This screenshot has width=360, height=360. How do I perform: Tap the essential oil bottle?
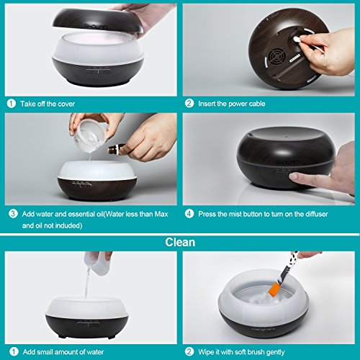pyautogui.click(x=117, y=149)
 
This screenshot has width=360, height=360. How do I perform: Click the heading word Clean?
pyautogui.click(x=180, y=242)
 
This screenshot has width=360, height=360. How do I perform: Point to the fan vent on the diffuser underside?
pyautogui.click(x=277, y=58)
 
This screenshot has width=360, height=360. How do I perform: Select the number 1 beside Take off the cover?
pyautogui.click(x=12, y=104)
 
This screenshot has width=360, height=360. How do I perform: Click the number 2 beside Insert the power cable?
pyautogui.click(x=189, y=104)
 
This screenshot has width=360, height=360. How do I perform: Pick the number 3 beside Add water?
pyautogui.click(x=13, y=214)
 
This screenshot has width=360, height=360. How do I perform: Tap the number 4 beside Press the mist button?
pyautogui.click(x=189, y=214)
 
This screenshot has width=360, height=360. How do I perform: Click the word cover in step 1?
pyautogui.click(x=66, y=104)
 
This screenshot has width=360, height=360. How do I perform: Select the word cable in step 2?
pyautogui.click(x=257, y=104)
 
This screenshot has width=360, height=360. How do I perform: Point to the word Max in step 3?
pyautogui.click(x=161, y=214)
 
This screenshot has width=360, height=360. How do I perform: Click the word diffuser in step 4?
pyautogui.click(x=317, y=214)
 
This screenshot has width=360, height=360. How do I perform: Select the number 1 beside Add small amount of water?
pyautogui.click(x=14, y=352)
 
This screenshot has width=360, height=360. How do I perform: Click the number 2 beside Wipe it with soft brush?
pyautogui.click(x=189, y=352)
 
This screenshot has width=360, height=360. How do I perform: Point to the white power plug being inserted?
pyautogui.click(x=297, y=39)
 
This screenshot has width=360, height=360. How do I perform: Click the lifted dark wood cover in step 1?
pyautogui.click(x=98, y=21)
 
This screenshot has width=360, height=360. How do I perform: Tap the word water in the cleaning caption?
pyautogui.click(x=95, y=352)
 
